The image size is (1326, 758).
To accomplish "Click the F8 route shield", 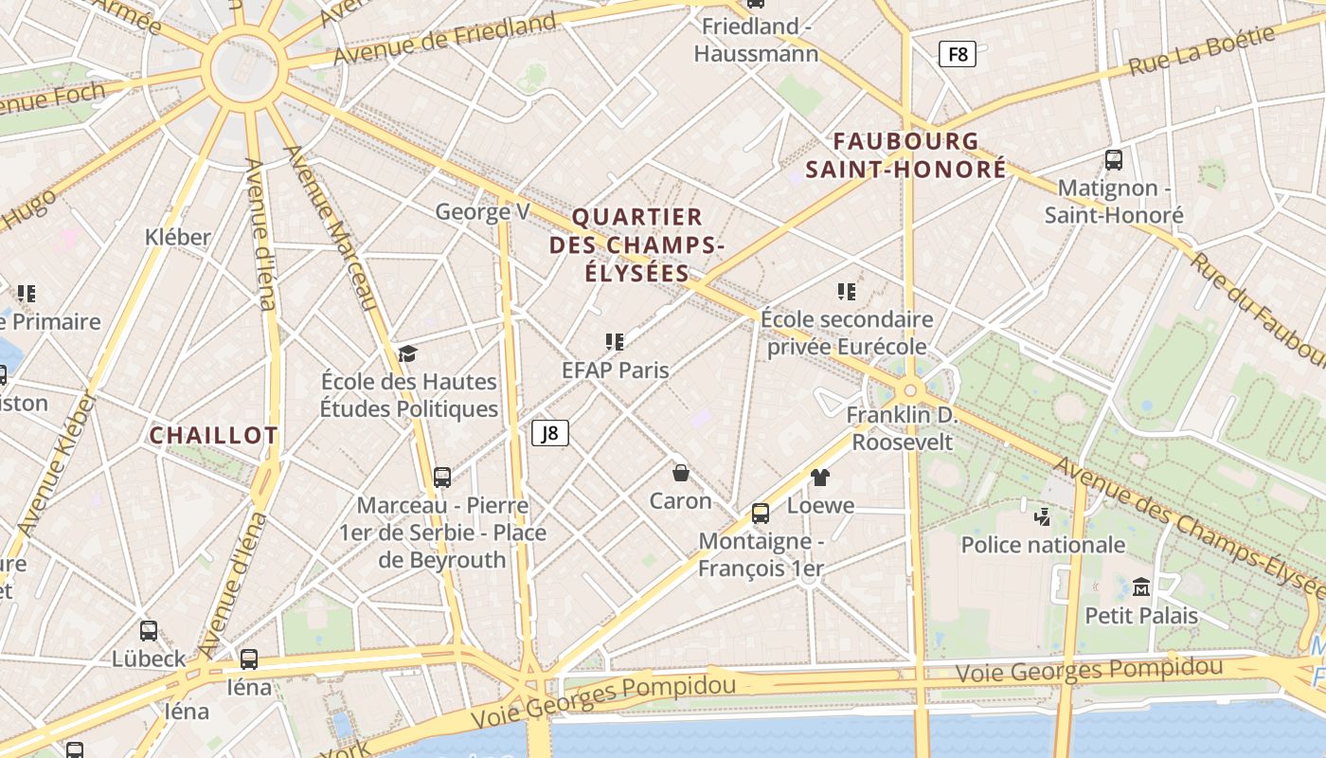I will pos(958,54).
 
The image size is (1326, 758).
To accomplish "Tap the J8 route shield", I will pos(550,434).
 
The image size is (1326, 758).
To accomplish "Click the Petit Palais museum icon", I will pos(1140,587).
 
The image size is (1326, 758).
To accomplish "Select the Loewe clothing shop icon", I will pos(819,478).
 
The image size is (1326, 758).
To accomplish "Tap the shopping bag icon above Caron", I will pos(680,472).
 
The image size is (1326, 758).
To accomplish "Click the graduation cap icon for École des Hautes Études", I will pos(407,353).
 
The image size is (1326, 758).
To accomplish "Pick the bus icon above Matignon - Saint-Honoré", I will pos(1114,160).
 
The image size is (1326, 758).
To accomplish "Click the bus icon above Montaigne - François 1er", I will pos(760,514).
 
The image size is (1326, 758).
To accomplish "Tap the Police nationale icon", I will pos(1042,517).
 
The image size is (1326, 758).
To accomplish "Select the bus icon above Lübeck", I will pos(149,631).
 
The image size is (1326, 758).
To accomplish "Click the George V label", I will pos(482,211).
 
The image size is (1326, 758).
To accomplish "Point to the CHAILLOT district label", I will pos(214,436).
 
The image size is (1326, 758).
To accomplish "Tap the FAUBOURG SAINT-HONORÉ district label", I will pos(905,155).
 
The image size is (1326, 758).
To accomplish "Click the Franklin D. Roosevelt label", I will pos(902,428).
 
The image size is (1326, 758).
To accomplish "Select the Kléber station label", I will pos(178,237).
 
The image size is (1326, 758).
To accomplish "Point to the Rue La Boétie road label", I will pos(1202,52).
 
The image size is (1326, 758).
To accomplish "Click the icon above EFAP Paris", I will pos(615,341).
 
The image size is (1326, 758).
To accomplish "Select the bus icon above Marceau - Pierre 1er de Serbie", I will pos(442,477).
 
